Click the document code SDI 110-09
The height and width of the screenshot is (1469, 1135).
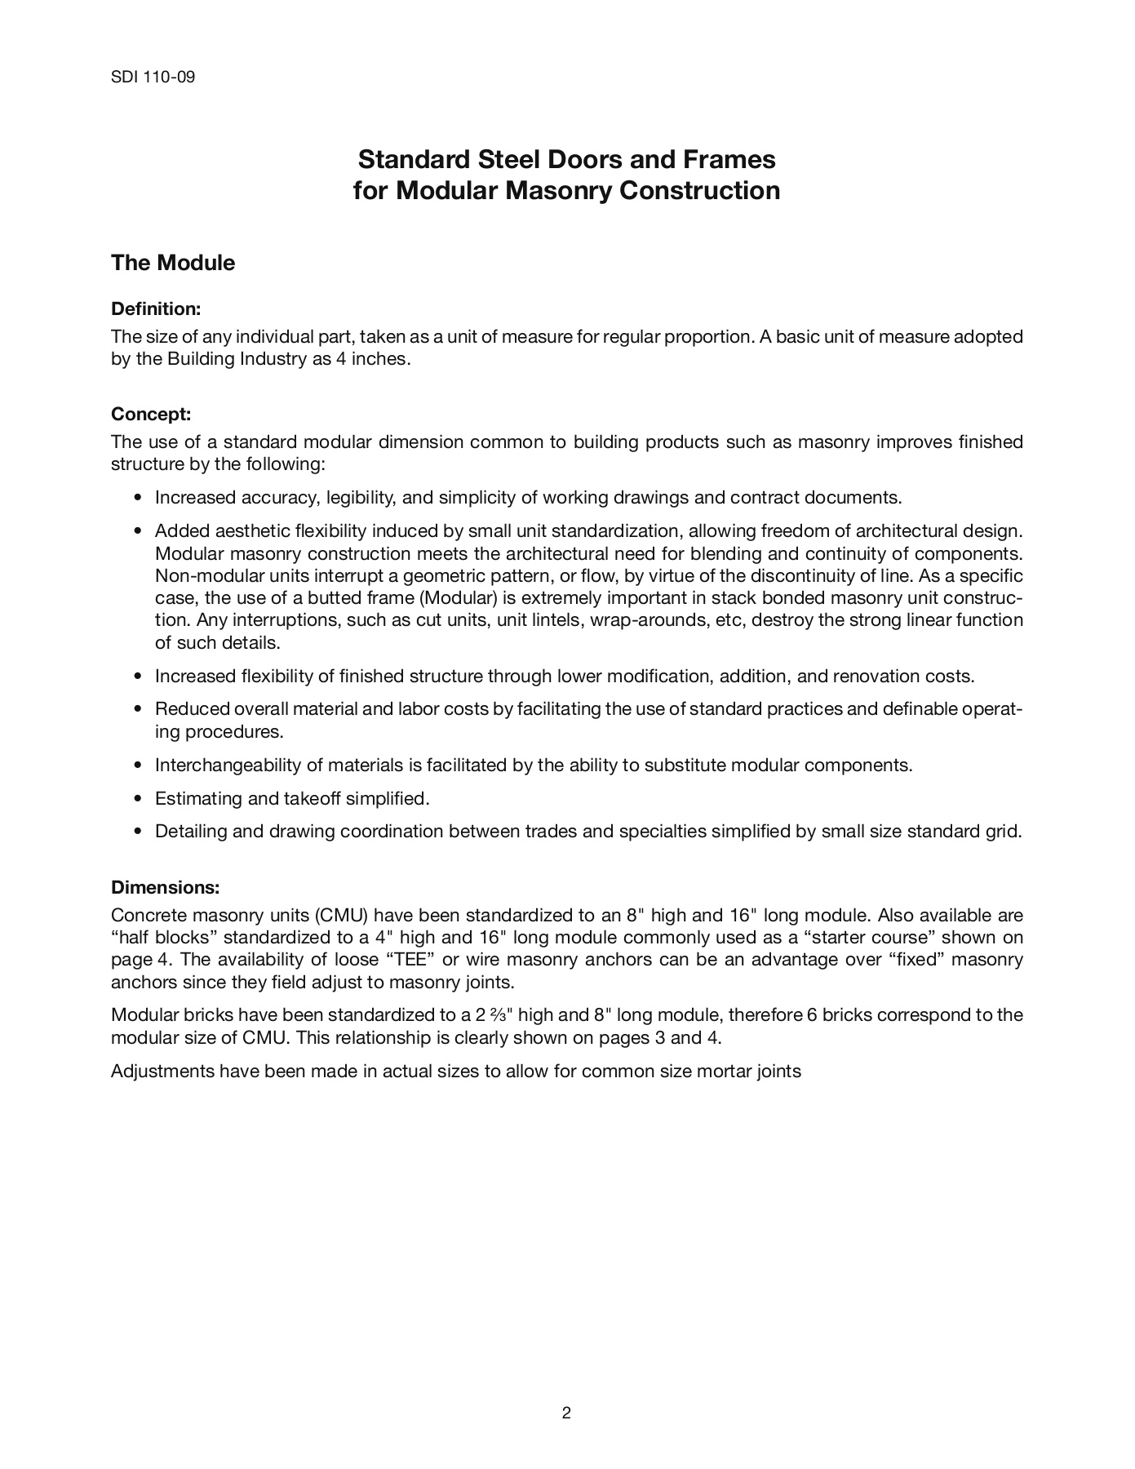[x=153, y=78]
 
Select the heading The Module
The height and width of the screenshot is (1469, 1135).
[x=173, y=263]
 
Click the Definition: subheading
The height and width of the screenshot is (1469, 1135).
[x=156, y=309]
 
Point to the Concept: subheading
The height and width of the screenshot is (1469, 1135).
[x=151, y=414]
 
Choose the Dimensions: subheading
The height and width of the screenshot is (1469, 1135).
[x=166, y=887]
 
